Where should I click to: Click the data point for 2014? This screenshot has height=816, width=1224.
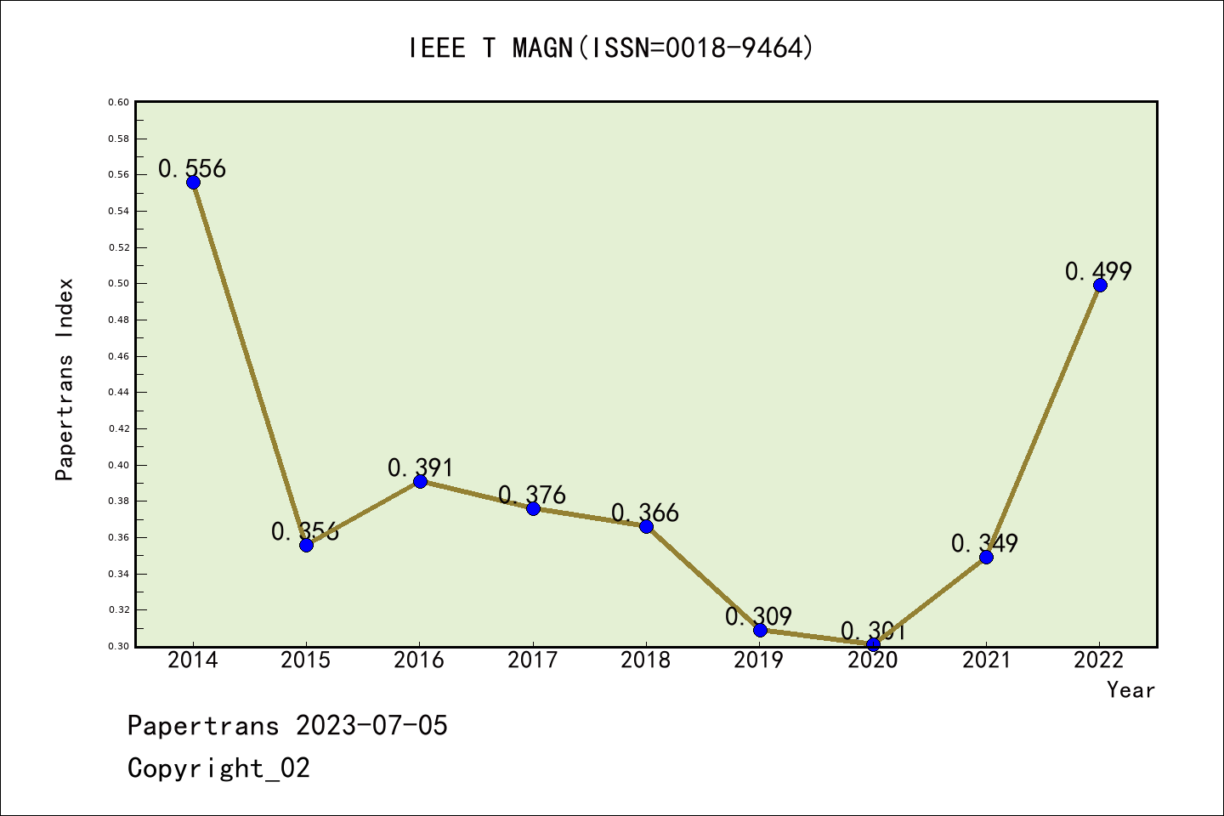[x=193, y=183]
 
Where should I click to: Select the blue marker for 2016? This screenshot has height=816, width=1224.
[x=420, y=482]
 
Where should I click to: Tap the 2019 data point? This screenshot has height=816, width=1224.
[x=760, y=630]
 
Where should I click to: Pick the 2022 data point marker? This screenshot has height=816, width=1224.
[x=1100, y=286]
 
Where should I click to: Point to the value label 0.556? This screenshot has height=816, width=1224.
[x=192, y=168]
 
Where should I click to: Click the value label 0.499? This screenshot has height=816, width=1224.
[x=1098, y=271]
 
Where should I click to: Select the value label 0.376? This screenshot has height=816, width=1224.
[x=532, y=495]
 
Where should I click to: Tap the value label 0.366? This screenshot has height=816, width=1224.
[x=645, y=513]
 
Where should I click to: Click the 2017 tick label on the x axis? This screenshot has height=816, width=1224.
[x=532, y=660]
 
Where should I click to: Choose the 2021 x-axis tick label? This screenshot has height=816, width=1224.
[x=986, y=660]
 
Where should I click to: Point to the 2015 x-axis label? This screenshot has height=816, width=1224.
[x=306, y=660]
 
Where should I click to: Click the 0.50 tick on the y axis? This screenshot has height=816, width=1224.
[x=119, y=284]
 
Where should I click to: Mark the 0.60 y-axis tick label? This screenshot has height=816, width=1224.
[x=119, y=103]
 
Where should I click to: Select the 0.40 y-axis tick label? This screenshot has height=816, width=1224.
[x=119, y=466]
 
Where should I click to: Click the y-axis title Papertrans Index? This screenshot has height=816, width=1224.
[x=65, y=379]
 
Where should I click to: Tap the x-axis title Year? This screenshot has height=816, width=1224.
[x=1130, y=690]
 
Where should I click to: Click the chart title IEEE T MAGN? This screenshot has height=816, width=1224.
[x=611, y=48]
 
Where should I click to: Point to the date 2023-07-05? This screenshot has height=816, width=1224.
[x=371, y=726]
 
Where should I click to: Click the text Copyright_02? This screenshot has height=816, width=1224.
[x=218, y=768]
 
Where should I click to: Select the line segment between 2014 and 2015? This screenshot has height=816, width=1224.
[x=249, y=364]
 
